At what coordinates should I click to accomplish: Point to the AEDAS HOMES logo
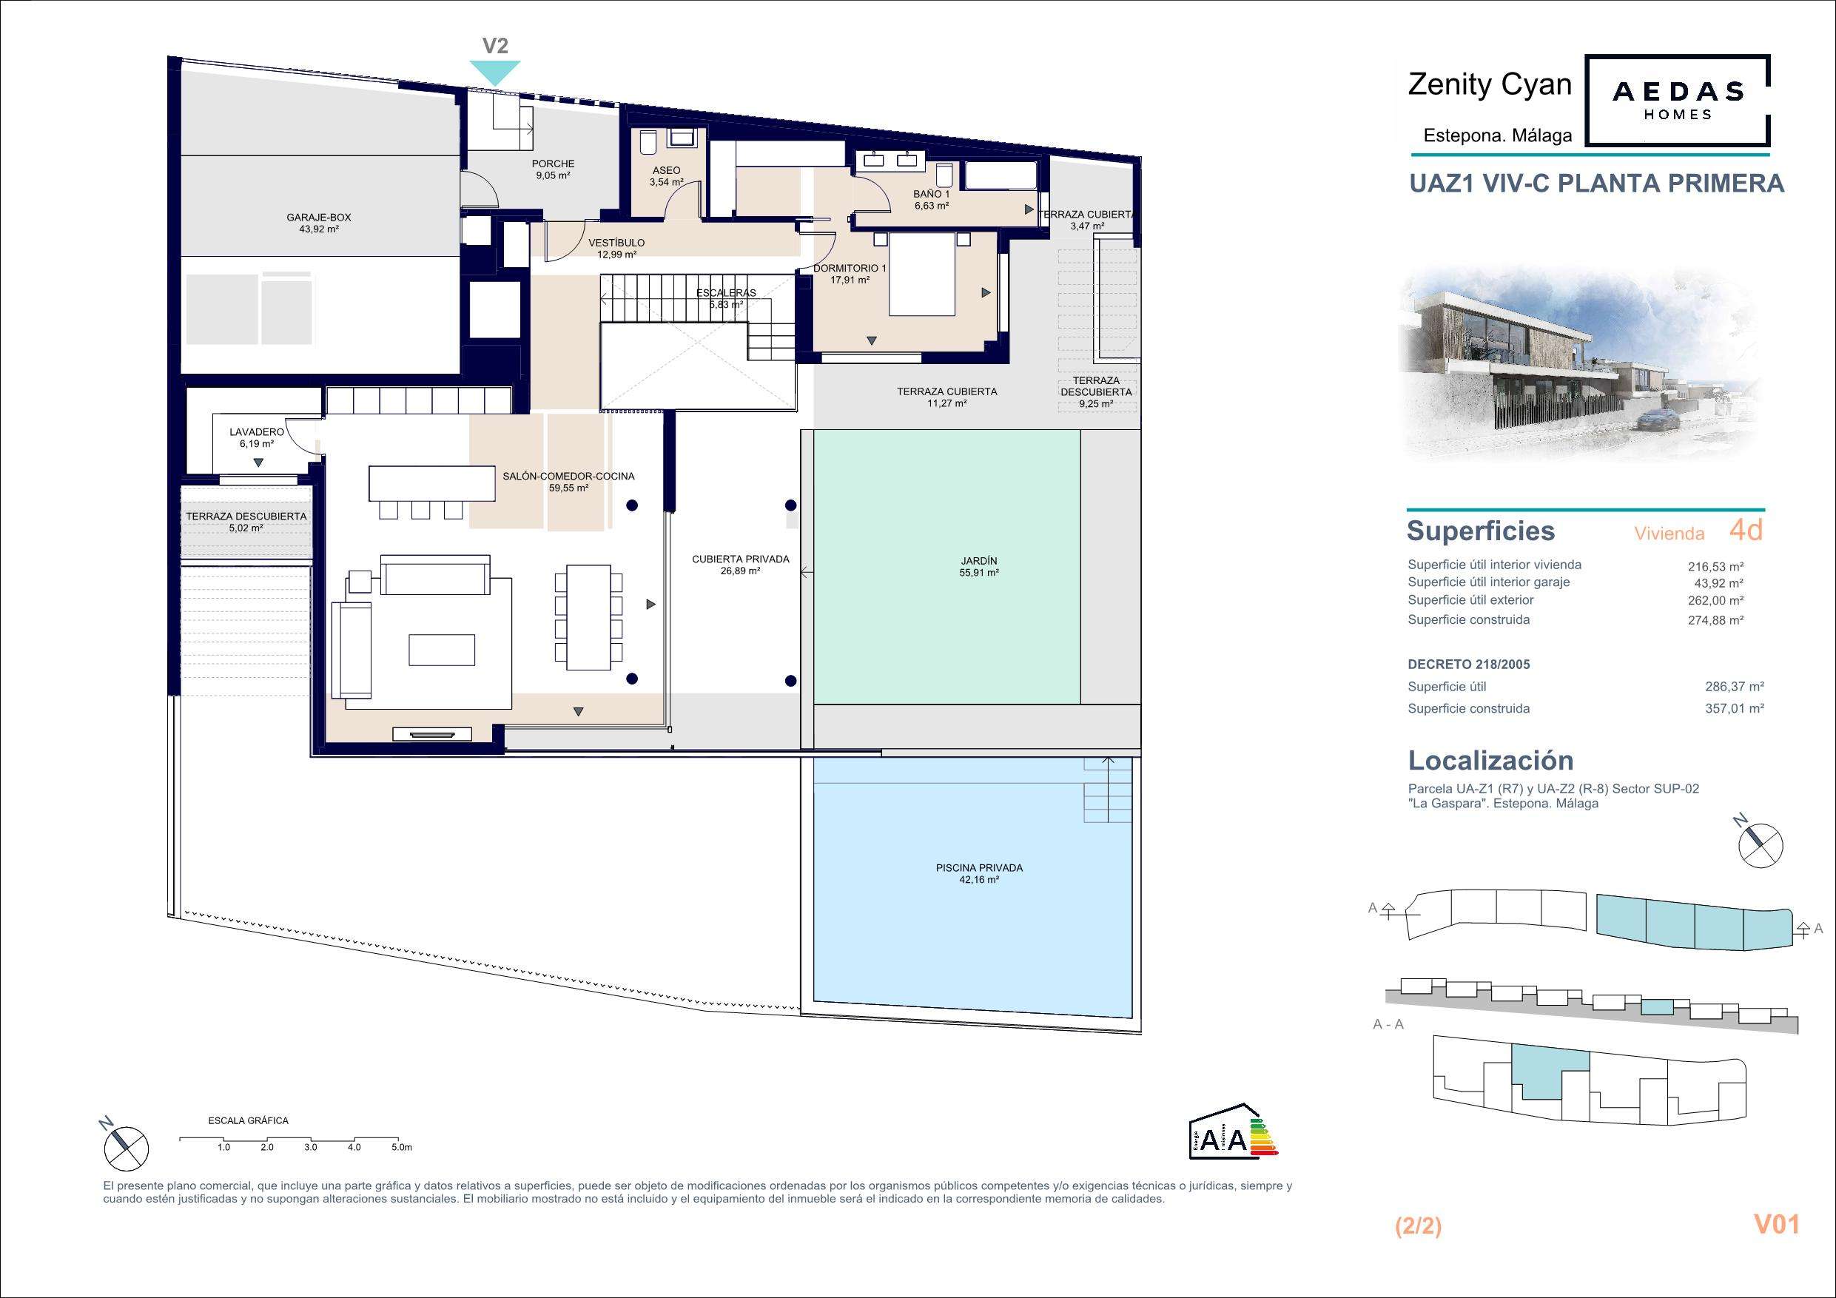point(1678,100)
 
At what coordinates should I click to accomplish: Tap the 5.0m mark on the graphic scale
point(401,1147)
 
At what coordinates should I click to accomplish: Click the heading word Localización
point(1490,760)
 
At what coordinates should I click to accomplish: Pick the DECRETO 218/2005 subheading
point(1469,664)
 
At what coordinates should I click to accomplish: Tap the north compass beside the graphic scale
point(125,1146)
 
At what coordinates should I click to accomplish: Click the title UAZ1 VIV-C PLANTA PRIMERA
point(1596,183)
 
